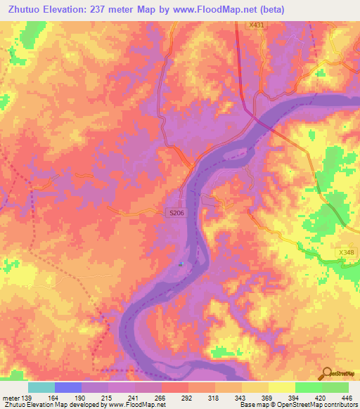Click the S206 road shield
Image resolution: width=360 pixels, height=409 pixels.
tap(176, 212)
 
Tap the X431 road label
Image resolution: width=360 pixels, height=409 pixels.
tap(257, 25)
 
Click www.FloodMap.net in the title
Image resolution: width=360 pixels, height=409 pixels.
tap(210, 10)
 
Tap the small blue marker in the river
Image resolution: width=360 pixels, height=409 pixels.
tap(181, 264)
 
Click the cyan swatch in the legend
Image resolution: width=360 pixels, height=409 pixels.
tap(41, 387)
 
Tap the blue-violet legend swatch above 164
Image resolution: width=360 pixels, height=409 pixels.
tap(68, 387)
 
